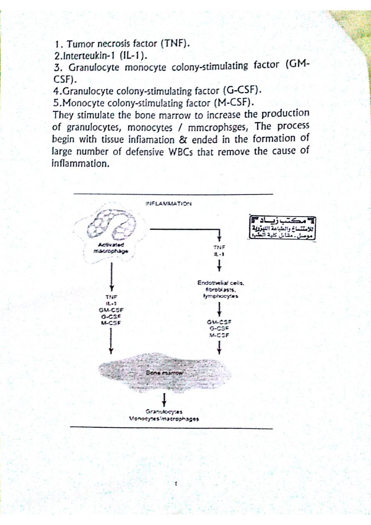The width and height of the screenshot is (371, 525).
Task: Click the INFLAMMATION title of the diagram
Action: point(167,204)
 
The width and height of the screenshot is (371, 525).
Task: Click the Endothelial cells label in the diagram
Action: point(221,283)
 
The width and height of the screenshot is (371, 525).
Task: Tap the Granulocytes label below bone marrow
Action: point(165,412)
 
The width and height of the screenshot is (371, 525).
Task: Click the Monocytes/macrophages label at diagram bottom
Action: point(165,419)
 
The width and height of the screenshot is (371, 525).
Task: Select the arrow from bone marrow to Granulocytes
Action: point(165,398)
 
